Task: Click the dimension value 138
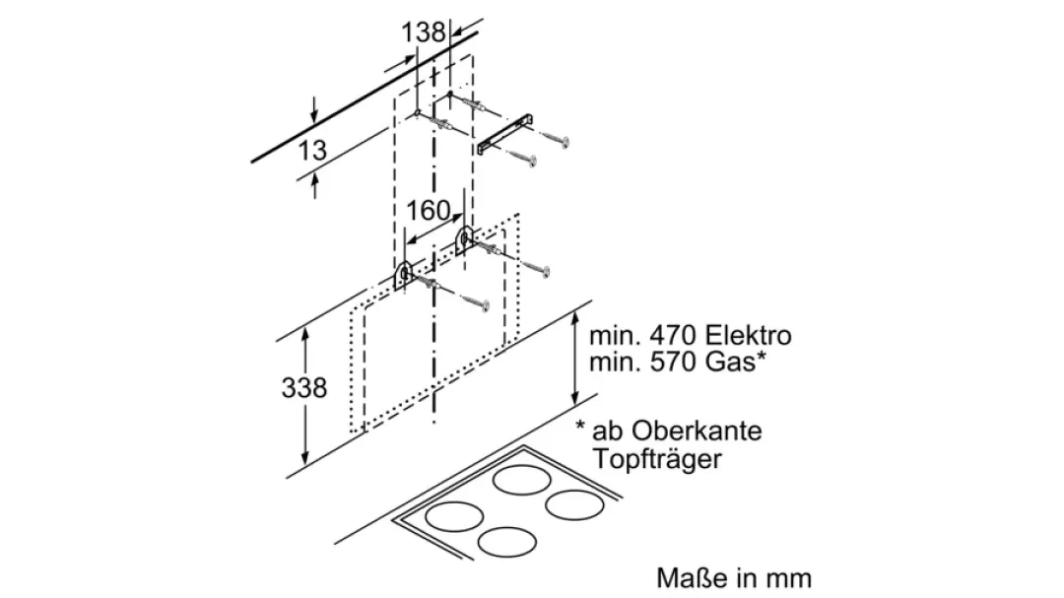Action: [x=424, y=32]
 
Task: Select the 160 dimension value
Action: [x=428, y=211]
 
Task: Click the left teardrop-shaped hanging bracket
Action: [x=404, y=275]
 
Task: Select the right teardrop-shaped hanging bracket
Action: [x=463, y=237]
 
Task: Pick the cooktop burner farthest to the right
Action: [x=574, y=506]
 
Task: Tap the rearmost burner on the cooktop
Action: [x=522, y=482]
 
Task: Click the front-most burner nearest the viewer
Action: [x=508, y=540]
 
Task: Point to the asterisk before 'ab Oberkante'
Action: [x=582, y=431]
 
